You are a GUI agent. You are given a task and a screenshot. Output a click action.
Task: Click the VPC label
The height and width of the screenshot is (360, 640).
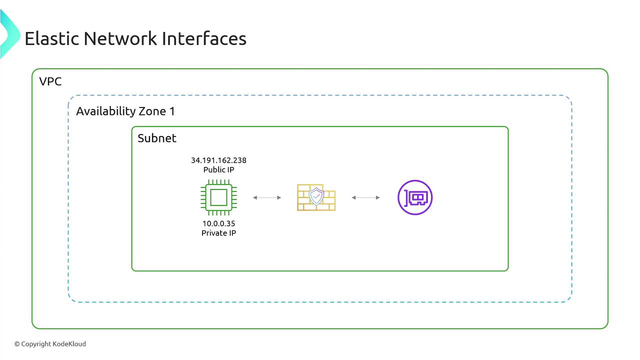pyautogui.click(x=50, y=81)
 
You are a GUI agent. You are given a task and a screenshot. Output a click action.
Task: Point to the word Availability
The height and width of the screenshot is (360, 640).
pyautogui.click(x=105, y=111)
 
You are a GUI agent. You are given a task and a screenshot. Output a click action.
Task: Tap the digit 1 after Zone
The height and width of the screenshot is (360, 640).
pyautogui.click(x=172, y=111)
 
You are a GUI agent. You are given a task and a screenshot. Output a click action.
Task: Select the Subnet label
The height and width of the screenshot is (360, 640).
pyautogui.click(x=157, y=138)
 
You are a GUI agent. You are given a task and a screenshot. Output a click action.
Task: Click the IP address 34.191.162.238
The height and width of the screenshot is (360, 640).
pyautogui.click(x=218, y=160)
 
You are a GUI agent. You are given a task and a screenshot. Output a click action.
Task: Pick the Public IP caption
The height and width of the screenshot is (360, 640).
pyautogui.click(x=218, y=170)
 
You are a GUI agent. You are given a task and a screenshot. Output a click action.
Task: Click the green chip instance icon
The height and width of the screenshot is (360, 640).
pyautogui.click(x=218, y=197)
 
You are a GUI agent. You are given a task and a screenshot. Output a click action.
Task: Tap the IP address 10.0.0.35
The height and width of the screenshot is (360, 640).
pyautogui.click(x=218, y=223)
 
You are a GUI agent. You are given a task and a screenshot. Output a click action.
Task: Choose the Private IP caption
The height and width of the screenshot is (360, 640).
pyautogui.click(x=218, y=233)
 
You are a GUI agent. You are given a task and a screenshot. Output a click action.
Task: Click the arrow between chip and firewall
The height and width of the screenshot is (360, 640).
pyautogui.click(x=267, y=197)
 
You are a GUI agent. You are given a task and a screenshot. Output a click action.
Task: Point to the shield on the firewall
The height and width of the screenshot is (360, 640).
pyautogui.click(x=316, y=196)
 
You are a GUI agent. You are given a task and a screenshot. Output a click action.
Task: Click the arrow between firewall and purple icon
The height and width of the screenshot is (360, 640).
pyautogui.click(x=365, y=197)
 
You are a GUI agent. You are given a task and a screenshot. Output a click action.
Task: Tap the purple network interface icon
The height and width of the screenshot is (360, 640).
pyautogui.click(x=414, y=197)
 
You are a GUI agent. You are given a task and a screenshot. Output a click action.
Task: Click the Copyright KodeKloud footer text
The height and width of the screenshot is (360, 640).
pyautogui.click(x=50, y=344)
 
